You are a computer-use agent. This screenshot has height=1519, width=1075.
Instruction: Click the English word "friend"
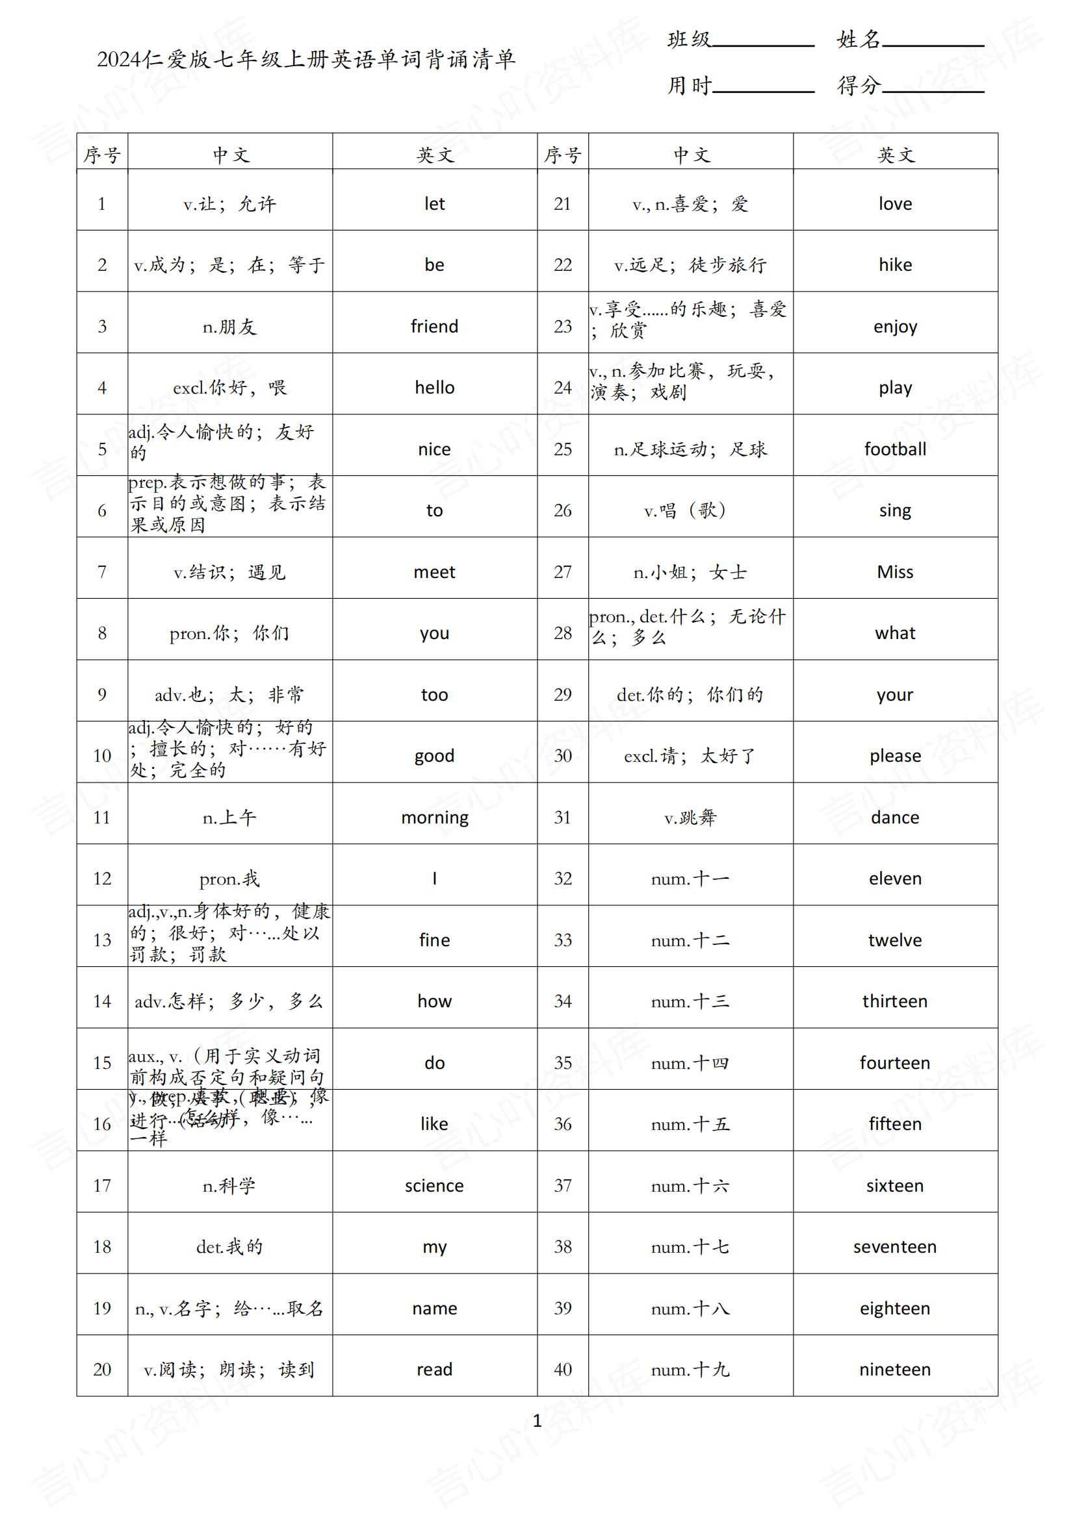pyautogui.click(x=434, y=326)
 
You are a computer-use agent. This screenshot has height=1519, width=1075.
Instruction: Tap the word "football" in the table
pyautogui.click(x=895, y=449)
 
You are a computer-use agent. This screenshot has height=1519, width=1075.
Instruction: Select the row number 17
pyautogui.click(x=102, y=1186)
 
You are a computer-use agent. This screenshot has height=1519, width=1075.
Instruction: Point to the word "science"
pyautogui.click(x=434, y=1186)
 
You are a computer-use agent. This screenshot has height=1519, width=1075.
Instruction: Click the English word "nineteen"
pyautogui.click(x=895, y=1370)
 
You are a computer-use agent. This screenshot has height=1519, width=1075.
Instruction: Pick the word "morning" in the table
pyautogui.click(x=434, y=818)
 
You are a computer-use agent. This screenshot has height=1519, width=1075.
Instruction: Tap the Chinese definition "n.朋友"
pyautogui.click(x=229, y=327)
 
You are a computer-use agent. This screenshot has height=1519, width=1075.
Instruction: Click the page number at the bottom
pyautogui.click(x=537, y=1421)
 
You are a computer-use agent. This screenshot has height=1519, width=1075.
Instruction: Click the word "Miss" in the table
pyautogui.click(x=895, y=571)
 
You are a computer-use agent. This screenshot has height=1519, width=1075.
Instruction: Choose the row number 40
pyautogui.click(x=563, y=1370)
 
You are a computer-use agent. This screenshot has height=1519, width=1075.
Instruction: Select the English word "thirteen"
pyautogui.click(x=895, y=1001)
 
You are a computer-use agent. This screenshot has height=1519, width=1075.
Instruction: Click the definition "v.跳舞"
pyautogui.click(x=690, y=818)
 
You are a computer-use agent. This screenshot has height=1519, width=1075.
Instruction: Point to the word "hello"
pyautogui.click(x=434, y=388)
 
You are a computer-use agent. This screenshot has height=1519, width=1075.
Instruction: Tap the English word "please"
pyautogui.click(x=895, y=756)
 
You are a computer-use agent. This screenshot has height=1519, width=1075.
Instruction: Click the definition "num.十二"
pyautogui.click(x=690, y=940)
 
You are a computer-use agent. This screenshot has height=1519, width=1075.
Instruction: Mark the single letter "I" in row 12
pyautogui.click(x=434, y=879)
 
